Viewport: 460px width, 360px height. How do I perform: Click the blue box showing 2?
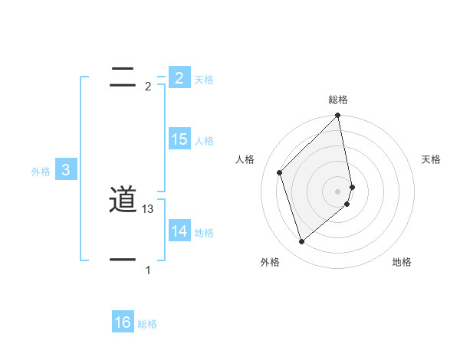click(179, 77)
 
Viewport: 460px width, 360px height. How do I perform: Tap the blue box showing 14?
click(179, 231)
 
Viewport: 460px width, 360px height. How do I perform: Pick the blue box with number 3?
click(66, 170)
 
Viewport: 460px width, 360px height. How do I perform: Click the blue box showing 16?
click(123, 322)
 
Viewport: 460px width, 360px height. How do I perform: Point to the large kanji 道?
click(123, 200)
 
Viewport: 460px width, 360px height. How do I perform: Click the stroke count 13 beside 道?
click(149, 209)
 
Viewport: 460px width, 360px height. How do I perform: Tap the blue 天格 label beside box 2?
click(204, 80)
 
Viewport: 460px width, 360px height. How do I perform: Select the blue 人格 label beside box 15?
click(204, 141)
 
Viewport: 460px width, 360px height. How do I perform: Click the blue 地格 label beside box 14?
click(204, 233)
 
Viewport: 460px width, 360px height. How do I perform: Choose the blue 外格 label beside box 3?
click(41, 172)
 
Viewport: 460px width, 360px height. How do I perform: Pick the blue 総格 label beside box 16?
click(147, 325)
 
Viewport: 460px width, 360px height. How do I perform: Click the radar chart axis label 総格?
click(338, 100)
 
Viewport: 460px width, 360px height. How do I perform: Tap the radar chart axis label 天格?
click(432, 159)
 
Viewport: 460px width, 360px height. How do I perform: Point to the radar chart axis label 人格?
click(245, 159)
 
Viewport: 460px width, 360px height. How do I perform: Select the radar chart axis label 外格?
click(270, 263)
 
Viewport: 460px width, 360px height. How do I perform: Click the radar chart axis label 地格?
click(402, 263)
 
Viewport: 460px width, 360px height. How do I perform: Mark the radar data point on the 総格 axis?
click(338, 116)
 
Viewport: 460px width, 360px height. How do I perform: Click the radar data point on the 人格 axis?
click(280, 172)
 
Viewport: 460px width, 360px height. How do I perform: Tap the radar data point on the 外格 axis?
click(301, 242)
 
